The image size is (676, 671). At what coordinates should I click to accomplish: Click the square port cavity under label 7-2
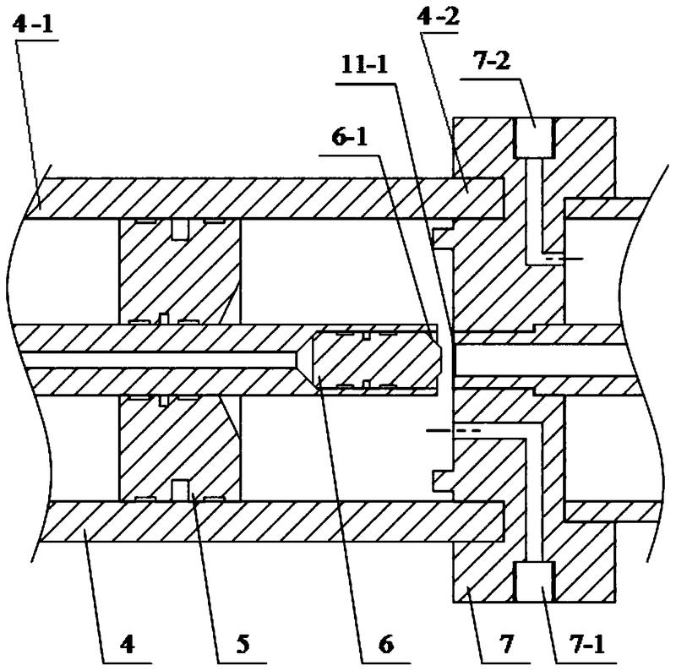click(534, 138)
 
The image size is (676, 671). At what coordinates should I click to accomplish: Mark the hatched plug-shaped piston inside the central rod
click(376, 360)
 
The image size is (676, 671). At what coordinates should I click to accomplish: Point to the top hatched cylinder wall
click(253, 198)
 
